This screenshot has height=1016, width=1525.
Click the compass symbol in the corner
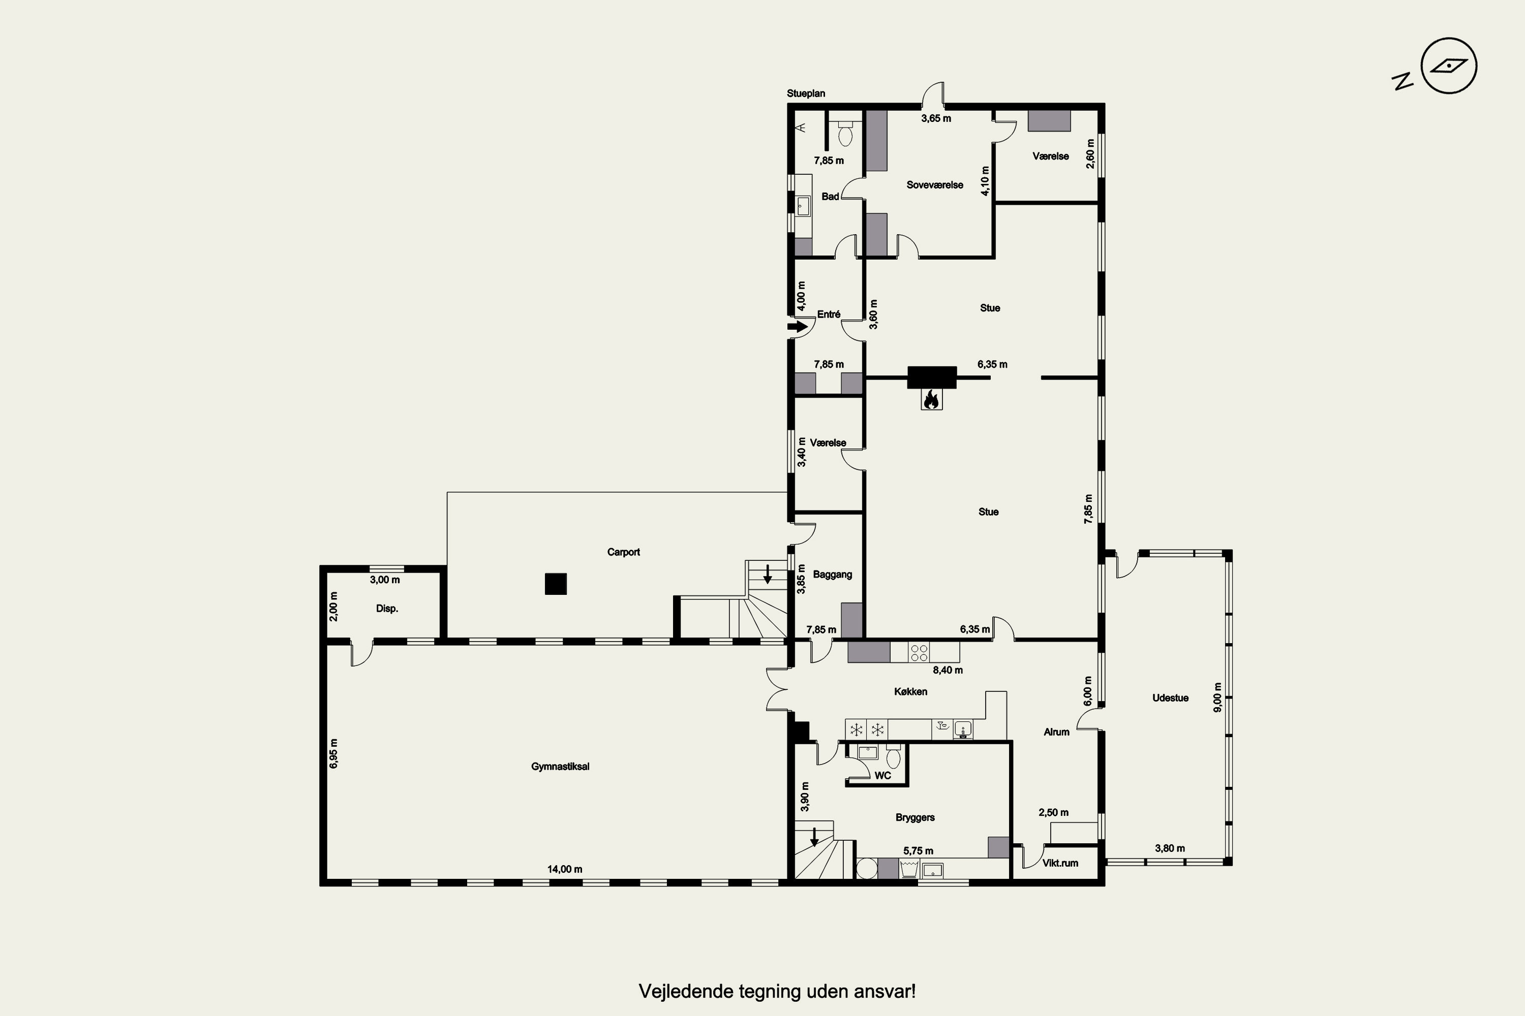click(1448, 66)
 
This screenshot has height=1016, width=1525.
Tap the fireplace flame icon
click(931, 399)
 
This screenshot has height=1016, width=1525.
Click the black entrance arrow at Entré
click(798, 327)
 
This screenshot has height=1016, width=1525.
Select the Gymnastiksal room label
click(560, 767)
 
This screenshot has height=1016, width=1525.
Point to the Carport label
click(623, 552)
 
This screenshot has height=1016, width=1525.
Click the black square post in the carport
click(556, 584)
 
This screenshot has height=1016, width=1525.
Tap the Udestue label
click(1170, 698)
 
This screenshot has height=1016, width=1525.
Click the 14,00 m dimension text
click(565, 869)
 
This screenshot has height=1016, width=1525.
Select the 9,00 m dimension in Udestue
click(1217, 697)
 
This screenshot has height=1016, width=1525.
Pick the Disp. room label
click(387, 609)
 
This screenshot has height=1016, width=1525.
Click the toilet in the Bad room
click(845, 134)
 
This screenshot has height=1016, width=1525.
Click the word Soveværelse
click(934, 185)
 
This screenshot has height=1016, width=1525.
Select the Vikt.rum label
click(1060, 863)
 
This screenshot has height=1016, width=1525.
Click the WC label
click(882, 776)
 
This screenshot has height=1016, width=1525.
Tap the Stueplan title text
click(806, 93)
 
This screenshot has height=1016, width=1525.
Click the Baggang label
click(833, 575)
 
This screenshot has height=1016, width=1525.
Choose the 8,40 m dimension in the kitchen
click(948, 670)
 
